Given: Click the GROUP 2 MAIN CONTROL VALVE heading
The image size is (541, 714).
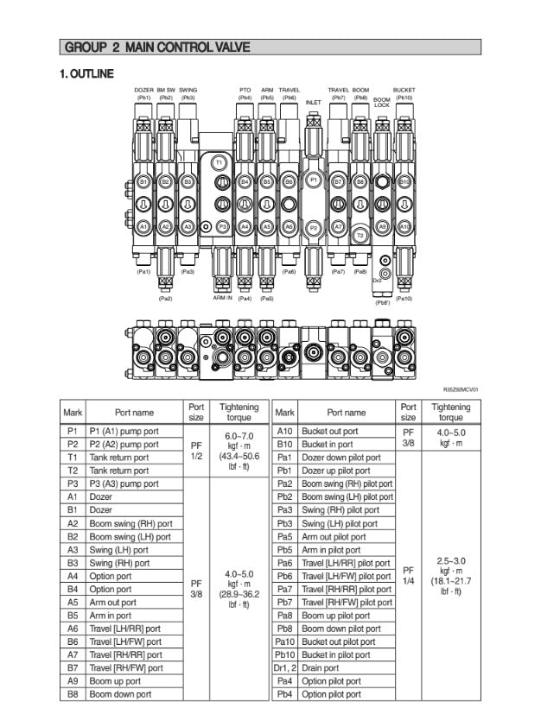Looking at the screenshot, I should [157, 47].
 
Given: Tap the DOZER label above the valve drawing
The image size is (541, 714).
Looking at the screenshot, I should [143, 90].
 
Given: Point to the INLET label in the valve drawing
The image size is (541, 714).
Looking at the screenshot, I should [314, 102].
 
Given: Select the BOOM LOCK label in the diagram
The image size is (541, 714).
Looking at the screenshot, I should [381, 102].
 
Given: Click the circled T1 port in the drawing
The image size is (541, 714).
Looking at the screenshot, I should [219, 163].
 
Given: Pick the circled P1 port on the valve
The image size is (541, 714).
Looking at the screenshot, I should [314, 182].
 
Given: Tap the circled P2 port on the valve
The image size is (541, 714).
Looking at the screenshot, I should [314, 227].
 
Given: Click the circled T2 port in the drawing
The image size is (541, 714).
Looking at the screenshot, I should [360, 235].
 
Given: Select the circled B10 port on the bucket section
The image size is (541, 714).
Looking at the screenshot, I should [404, 182].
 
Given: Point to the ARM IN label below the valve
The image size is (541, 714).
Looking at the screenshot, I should [222, 298].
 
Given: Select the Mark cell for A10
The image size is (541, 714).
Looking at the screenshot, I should [285, 431].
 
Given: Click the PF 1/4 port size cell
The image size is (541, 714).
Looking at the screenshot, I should [409, 575].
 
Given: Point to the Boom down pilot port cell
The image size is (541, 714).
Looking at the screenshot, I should [345, 629].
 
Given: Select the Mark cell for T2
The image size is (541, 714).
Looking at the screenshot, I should [73, 471].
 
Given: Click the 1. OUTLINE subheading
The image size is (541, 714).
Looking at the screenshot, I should [87, 74].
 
